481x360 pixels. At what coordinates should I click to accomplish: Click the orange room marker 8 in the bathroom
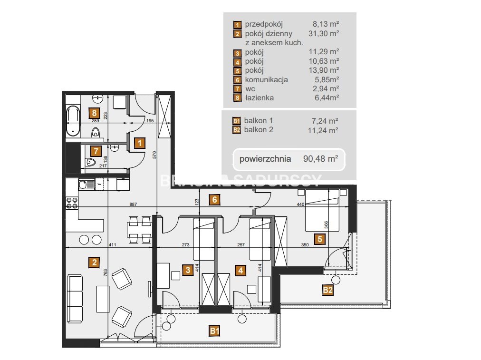(94, 113)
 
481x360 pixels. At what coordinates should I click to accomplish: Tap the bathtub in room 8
(73, 121)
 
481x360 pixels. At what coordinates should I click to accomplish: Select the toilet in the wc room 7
(90, 162)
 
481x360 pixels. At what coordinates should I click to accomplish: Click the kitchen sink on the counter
(87, 185)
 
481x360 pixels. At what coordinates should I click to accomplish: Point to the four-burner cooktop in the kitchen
(72, 203)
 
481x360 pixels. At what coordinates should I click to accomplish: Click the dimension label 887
(133, 204)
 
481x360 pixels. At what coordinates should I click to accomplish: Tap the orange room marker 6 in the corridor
(214, 200)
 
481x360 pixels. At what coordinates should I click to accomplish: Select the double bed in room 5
(322, 210)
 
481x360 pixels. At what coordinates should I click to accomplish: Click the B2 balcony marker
(327, 290)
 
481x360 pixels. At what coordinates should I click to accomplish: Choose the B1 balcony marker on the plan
(214, 331)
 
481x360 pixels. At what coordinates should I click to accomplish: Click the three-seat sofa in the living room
(75, 299)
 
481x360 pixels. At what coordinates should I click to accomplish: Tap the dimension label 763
(105, 272)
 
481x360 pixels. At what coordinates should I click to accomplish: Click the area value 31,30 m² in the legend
(324, 33)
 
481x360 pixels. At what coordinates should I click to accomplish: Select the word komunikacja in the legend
(266, 80)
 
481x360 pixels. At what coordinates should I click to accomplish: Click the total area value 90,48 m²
(320, 159)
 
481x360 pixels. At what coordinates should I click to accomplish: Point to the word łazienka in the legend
(259, 98)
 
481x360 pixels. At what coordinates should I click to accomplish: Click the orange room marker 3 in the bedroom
(188, 270)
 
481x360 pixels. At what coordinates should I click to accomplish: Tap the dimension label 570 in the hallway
(154, 155)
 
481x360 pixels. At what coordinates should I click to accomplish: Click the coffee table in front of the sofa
(103, 299)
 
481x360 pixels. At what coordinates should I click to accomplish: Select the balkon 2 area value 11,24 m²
(323, 130)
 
